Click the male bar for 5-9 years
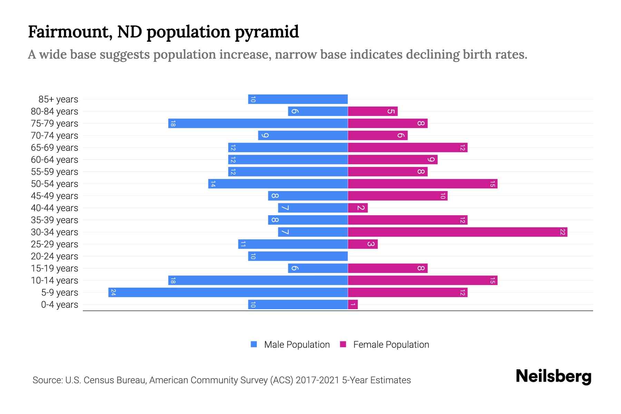point(228,292)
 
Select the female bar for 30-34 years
point(457,232)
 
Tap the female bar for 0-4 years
point(353,304)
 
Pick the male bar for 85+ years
point(298,99)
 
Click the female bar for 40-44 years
point(358,208)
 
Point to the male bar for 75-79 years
point(258,123)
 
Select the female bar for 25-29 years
point(363,244)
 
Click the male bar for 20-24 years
point(298,256)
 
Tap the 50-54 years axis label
point(55,184)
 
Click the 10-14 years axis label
point(55,280)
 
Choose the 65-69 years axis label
point(55,148)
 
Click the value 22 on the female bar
point(562,232)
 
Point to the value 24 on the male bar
point(113,292)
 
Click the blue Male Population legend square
point(254,344)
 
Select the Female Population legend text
point(391,345)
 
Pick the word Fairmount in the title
point(68,32)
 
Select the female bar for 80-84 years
point(373,111)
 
